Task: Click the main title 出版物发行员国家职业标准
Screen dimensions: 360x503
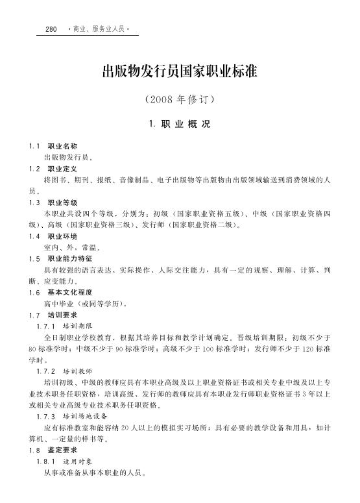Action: pos(180,72)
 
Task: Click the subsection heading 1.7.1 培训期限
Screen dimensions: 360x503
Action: pos(66,325)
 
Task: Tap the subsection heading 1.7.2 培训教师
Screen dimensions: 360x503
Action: pos(66,371)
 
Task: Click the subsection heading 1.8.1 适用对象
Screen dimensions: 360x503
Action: pos(66,461)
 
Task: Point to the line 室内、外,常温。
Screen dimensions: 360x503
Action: pos(72,247)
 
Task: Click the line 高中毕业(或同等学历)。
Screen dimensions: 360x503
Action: pos(85,303)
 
